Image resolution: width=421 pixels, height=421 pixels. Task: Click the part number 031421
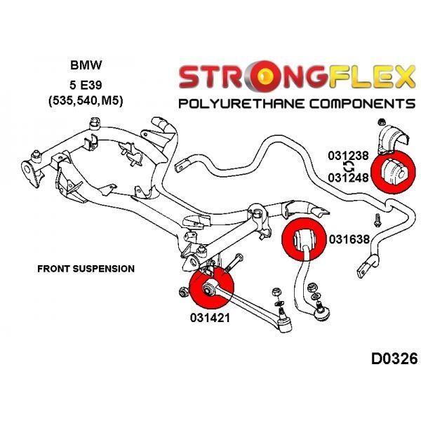210,318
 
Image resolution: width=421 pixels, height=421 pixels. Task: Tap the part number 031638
349,239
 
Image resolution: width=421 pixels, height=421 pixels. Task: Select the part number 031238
348,156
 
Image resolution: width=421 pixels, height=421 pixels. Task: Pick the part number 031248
348,178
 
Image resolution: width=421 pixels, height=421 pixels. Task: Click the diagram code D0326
394,359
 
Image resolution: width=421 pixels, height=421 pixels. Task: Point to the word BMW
86,65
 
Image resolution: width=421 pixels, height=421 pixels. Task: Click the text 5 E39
86,85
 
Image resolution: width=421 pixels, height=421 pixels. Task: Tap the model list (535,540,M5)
86,102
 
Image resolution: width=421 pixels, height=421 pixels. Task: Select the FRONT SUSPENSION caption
86,269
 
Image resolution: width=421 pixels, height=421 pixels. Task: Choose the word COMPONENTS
362,104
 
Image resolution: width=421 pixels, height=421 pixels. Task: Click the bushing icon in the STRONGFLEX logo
265,76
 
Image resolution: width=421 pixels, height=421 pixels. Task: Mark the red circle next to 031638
304,239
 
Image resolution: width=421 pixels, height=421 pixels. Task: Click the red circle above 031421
212,287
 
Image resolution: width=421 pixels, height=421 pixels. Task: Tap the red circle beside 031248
393,172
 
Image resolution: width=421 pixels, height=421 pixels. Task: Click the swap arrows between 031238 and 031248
349,167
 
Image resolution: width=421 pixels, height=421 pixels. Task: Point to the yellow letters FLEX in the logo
372,76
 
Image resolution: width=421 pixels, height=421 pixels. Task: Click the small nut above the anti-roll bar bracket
381,122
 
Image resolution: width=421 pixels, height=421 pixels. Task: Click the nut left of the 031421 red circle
183,292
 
